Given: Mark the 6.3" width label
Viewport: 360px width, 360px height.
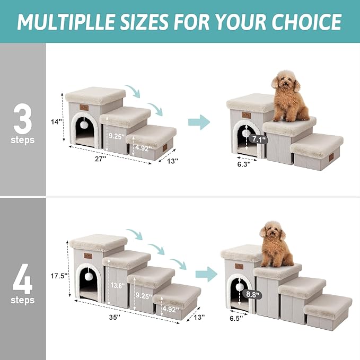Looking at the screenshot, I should [x=243, y=164].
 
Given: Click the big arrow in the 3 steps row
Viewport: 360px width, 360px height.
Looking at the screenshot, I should [x=199, y=121].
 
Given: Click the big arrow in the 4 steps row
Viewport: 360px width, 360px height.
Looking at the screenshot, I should [x=206, y=274].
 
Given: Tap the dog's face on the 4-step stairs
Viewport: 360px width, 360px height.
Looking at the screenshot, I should [x=271, y=232].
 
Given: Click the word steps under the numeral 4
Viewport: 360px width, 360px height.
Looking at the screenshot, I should [x=22, y=300].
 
